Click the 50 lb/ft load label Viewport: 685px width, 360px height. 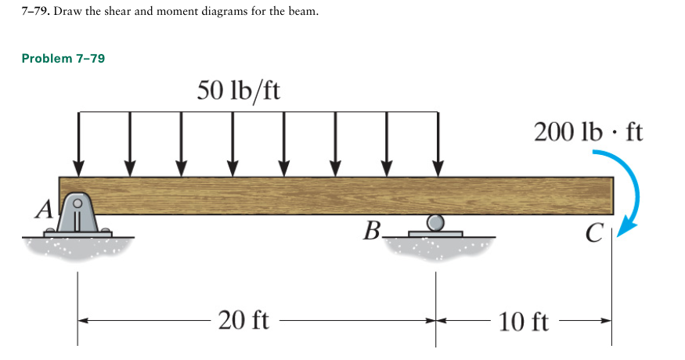[x=239, y=91]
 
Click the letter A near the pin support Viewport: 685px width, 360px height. [x=45, y=208]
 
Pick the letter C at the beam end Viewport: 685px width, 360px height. [x=594, y=232]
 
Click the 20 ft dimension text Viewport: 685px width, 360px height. [x=244, y=320]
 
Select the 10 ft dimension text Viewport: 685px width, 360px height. [x=524, y=321]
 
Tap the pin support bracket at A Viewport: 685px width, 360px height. [x=78, y=214]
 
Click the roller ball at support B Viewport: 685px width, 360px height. [x=436, y=222]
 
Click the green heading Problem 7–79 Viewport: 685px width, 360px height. [x=63, y=59]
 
